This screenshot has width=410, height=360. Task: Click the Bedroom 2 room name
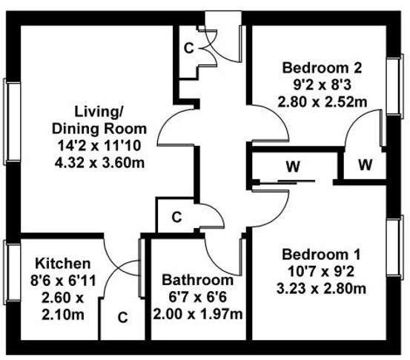tap(322, 68)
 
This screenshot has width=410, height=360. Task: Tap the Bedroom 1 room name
tap(321, 255)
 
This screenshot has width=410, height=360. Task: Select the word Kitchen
tap(63, 264)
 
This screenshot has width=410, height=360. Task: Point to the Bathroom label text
tap(198, 280)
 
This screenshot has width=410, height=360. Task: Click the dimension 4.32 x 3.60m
tap(99, 163)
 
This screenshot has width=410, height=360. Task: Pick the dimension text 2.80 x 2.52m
tap(322, 102)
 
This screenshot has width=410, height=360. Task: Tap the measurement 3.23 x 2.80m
tap(321, 289)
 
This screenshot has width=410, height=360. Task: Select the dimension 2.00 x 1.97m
tap(198, 314)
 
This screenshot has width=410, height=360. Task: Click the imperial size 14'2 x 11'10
tap(99, 146)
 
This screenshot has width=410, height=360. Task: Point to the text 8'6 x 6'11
tap(63, 281)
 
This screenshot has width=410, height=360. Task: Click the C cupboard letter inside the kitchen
tap(122, 318)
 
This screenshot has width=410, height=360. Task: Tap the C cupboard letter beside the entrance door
tap(189, 48)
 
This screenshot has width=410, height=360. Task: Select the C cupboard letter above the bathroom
tap(176, 217)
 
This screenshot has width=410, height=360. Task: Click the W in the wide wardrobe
tap(293, 167)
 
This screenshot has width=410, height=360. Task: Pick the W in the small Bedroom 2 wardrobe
tap(365, 165)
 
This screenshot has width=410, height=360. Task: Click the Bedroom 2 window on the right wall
tap(395, 85)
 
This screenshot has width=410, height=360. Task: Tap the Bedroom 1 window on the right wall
tap(395, 246)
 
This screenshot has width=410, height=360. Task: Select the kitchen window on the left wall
tap(12, 272)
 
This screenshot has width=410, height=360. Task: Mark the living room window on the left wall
tap(12, 121)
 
